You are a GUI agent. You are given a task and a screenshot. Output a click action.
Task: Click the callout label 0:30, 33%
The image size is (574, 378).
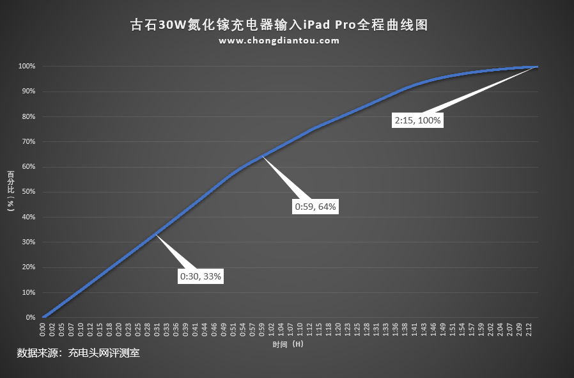pyautogui.click(x=201, y=276)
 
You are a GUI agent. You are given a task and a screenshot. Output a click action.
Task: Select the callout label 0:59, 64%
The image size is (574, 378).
pyautogui.click(x=315, y=207)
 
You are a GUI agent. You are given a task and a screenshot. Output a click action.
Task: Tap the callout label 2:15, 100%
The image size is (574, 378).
pyautogui.click(x=417, y=120)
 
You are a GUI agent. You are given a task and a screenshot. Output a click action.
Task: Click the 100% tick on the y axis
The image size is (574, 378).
pyautogui.click(x=26, y=67)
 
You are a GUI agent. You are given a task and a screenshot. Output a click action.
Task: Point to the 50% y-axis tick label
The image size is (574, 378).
pyautogui.click(x=28, y=192)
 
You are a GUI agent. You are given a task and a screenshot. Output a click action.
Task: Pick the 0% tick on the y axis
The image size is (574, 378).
pyautogui.click(x=30, y=318)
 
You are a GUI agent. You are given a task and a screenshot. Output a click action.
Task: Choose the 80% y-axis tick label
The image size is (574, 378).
pyautogui.click(x=28, y=116)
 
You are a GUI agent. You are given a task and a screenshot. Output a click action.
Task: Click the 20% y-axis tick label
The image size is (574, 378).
pyautogui.click(x=28, y=267)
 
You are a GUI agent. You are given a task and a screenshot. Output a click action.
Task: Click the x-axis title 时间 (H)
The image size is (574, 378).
pyautogui.click(x=288, y=344)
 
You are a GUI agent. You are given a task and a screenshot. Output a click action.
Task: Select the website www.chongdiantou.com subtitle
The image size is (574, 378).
pyautogui.click(x=279, y=40)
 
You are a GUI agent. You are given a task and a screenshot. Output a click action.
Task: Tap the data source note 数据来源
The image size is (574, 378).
pyautogui.click(x=78, y=352)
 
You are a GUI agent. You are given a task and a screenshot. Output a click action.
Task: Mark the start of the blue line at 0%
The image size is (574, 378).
pyautogui.click(x=43, y=317)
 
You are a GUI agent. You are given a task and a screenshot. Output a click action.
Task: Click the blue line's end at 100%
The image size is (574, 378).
pyautogui.click(x=537, y=67)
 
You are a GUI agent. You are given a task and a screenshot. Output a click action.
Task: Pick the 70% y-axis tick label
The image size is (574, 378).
pyautogui.click(x=28, y=142)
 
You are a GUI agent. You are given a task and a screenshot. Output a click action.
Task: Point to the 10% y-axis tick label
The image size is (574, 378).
pyautogui.click(x=28, y=292)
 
